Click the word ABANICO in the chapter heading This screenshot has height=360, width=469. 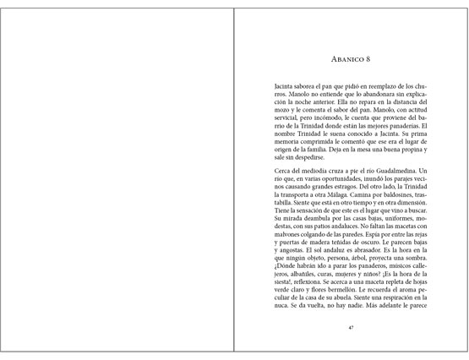pos(346,59)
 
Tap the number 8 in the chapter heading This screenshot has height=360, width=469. pos(368,59)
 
